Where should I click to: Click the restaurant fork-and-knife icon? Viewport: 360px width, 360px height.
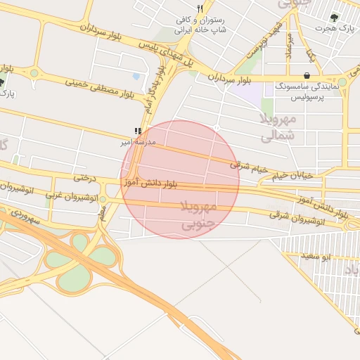coord(200,8)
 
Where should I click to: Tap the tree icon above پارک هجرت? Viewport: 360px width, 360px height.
coord(333,18)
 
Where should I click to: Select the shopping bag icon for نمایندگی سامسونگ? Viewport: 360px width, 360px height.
coord(306,75)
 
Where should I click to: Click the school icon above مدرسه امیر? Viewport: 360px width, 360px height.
coord(138,131)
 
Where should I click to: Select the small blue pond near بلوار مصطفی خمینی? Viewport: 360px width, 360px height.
coord(136,76)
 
